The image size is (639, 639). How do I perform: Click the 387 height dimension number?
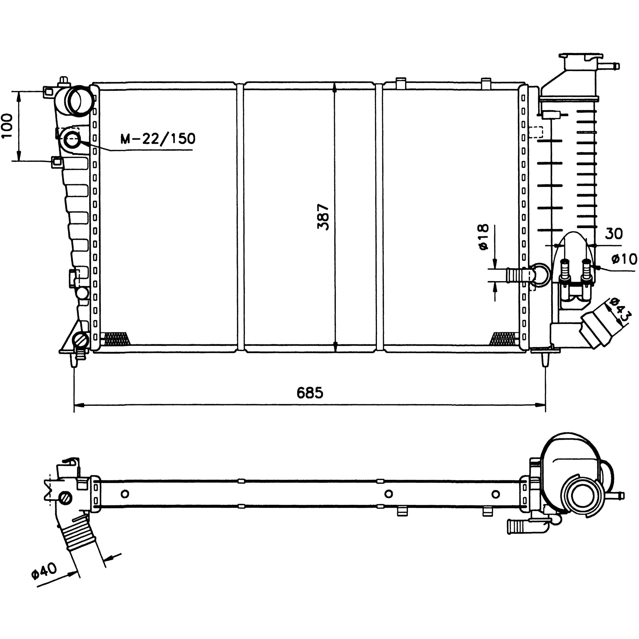click(323, 217)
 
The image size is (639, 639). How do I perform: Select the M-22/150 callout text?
click(158, 139)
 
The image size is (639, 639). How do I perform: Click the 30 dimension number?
click(614, 233)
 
